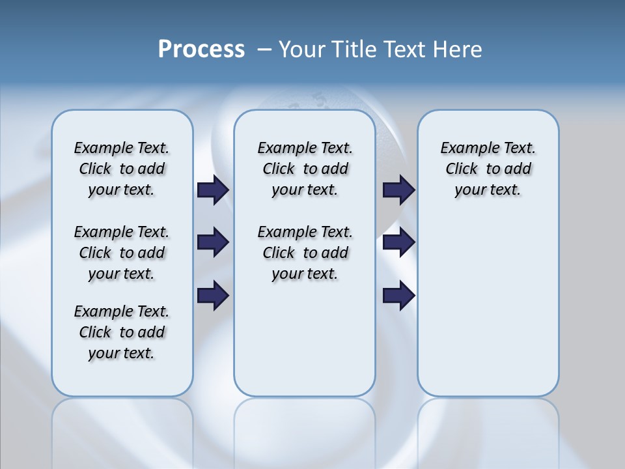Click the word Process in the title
pos(201,50)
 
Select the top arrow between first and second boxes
pos(213,190)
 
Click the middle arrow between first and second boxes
pos(213,242)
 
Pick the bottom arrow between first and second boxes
pos(213,296)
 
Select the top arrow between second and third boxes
pos(399,190)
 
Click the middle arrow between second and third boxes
pos(399,242)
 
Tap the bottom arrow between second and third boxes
pos(399,296)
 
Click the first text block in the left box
pos(122,169)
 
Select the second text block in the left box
pos(122,253)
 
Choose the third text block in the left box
pos(122,332)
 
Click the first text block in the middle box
pos(305,169)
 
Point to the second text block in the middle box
pos(305,253)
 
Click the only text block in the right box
pos(488,169)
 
